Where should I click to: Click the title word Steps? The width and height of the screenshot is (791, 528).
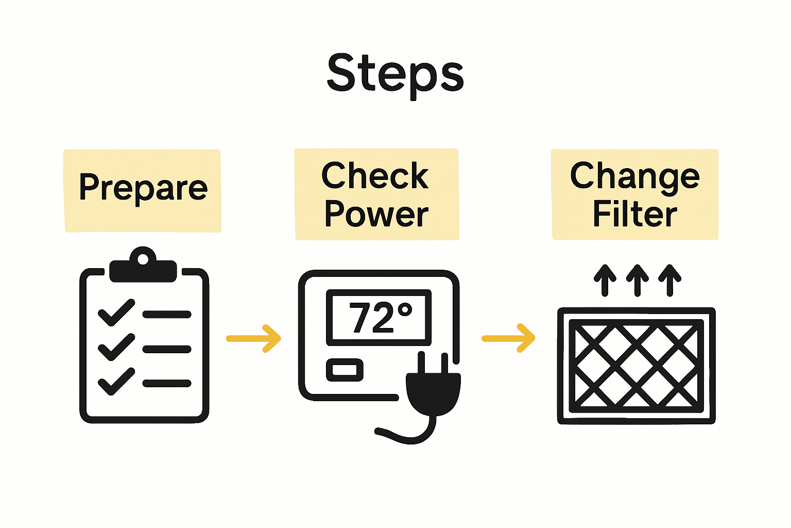click(x=395, y=75)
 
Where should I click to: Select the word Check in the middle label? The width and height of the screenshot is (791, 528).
click(x=375, y=175)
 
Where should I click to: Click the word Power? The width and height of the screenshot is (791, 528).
click(x=376, y=213)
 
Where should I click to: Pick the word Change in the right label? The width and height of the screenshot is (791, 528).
click(x=634, y=177)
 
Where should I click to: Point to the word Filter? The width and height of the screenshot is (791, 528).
click(x=634, y=213)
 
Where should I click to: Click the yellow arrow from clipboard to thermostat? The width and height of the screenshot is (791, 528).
click(x=253, y=338)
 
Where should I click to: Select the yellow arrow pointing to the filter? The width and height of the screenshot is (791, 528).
click(x=508, y=338)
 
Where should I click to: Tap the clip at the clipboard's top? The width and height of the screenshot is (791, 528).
click(x=143, y=265)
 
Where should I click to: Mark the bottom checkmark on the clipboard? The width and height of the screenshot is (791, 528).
click(x=116, y=381)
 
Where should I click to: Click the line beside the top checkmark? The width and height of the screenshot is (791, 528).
click(x=167, y=315)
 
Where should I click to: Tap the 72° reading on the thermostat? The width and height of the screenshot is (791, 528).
click(x=381, y=318)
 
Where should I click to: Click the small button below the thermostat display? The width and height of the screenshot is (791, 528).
click(x=345, y=370)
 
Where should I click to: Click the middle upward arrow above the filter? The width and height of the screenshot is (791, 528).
click(x=638, y=280)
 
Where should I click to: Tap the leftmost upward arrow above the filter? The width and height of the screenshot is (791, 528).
click(x=605, y=280)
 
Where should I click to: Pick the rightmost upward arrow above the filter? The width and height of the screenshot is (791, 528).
click(x=669, y=280)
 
